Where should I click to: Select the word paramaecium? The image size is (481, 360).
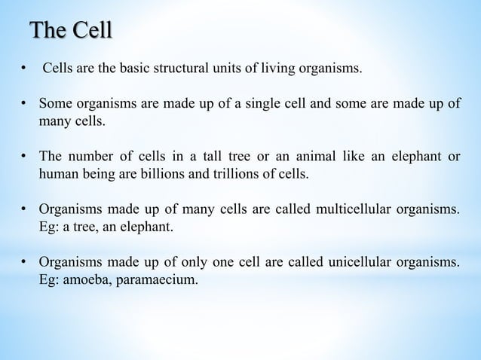pyautogui.click(x=158, y=279)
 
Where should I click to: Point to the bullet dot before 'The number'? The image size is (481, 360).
pyautogui.click(x=25, y=158)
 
